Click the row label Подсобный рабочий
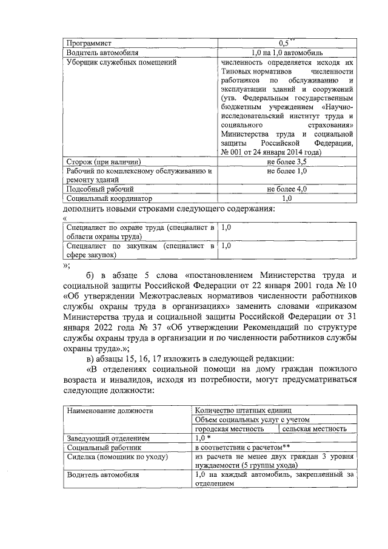pyautogui.click(x=99, y=189)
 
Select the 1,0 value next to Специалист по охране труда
pyautogui.click(x=226, y=227)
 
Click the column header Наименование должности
pyautogui.click(x=110, y=411)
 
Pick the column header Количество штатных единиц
pyautogui.click(x=243, y=411)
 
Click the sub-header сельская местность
pyautogui.click(x=315, y=428)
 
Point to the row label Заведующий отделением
pyautogui.click(x=109, y=437)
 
